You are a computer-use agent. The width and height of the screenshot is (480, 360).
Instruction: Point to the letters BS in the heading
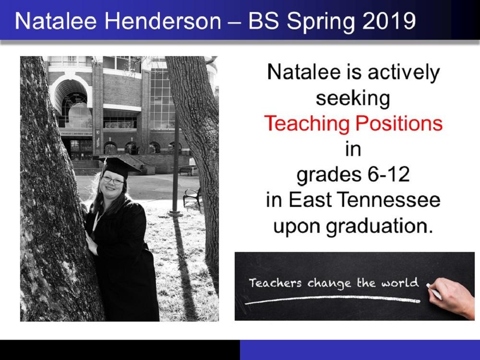264,21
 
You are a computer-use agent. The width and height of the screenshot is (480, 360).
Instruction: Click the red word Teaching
307,124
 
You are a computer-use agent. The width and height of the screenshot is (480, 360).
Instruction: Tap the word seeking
353,98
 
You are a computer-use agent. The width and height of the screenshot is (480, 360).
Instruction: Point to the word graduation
380,227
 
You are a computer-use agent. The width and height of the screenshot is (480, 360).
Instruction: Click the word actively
403,73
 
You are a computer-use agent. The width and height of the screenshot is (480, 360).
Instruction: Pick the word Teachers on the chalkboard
275,283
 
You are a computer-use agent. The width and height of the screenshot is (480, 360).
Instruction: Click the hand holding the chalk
453,297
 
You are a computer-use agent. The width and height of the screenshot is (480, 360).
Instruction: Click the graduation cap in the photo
120,167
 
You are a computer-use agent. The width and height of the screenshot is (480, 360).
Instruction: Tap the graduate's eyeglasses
113,180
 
